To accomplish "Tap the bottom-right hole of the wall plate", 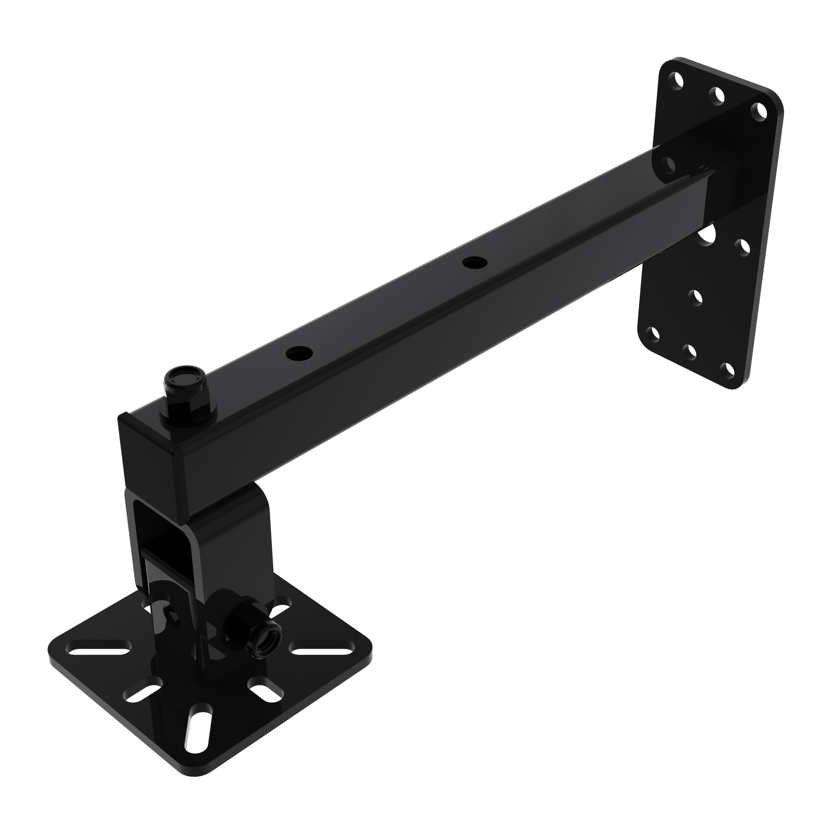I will [x=727, y=368].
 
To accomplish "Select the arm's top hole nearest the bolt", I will [x=299, y=353].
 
